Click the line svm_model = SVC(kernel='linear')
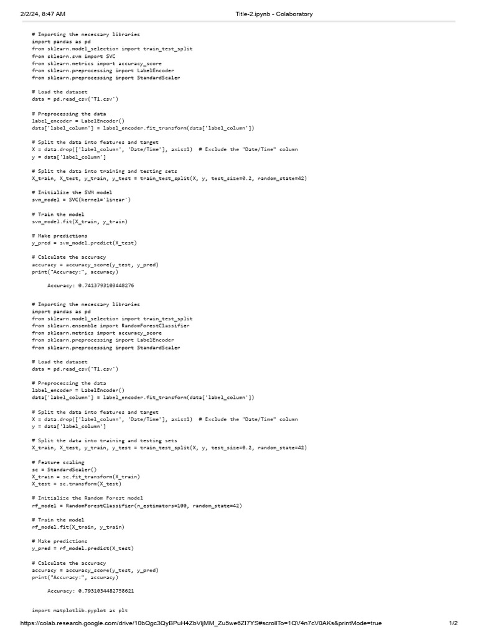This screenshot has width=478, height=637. click(82, 200)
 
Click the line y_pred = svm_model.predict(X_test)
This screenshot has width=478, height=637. click(85, 243)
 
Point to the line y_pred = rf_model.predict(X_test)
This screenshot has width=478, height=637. click(83, 549)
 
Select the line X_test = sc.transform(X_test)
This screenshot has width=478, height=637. click(77, 484)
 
